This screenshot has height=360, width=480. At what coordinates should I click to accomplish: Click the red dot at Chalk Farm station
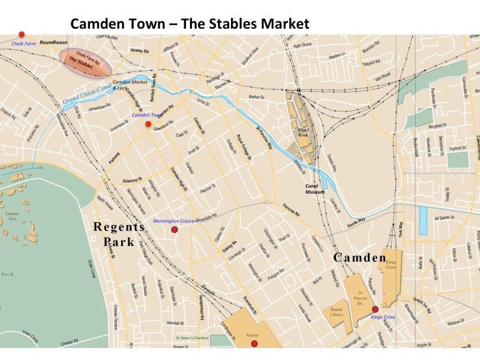22,34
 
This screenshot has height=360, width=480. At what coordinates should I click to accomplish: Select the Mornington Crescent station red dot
175,230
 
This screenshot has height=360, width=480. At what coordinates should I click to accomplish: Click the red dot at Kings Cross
375,309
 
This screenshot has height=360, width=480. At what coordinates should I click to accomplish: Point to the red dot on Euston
254,344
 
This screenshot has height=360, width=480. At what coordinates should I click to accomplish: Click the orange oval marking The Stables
85,62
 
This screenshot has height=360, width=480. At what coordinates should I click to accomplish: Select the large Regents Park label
118,234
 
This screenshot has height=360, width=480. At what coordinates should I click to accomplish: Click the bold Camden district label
360,257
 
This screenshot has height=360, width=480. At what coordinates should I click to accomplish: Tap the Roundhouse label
52,43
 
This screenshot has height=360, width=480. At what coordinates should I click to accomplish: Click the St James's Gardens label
191,338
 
